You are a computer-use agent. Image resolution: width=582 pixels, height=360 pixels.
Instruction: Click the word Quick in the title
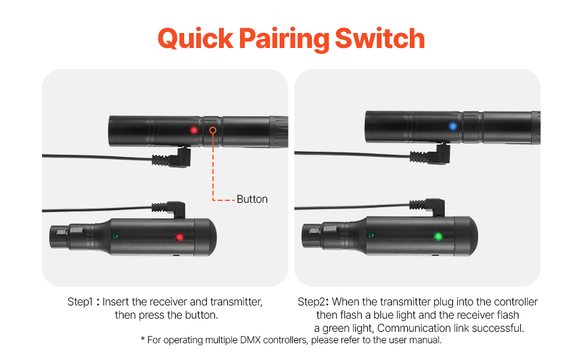(196, 39)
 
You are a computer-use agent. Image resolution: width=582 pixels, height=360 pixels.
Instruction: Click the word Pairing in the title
(284, 40)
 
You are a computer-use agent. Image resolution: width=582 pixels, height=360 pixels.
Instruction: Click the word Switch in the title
(380, 38)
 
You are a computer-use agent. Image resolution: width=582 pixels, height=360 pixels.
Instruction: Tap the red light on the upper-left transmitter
(194, 130)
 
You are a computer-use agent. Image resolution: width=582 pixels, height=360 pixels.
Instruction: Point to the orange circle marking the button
(212, 130)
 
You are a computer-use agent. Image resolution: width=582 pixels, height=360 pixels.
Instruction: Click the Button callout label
(252, 199)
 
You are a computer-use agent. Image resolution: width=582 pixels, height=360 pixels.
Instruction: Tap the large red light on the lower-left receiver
(179, 237)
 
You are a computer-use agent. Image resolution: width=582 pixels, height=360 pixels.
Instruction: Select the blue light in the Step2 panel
(453, 126)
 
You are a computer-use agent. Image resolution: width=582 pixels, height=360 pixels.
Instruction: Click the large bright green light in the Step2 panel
(438, 236)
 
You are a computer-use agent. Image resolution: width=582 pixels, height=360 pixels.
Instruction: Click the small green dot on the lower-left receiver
(115, 236)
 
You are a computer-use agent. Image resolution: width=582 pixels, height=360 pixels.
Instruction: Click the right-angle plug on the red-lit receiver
(169, 209)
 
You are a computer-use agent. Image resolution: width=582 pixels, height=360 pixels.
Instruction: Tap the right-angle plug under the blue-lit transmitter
(430, 154)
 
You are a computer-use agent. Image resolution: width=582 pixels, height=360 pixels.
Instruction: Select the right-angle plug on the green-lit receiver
(427, 206)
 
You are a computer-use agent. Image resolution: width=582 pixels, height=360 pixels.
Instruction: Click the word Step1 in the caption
(80, 302)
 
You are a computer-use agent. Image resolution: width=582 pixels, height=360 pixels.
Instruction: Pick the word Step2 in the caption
(311, 302)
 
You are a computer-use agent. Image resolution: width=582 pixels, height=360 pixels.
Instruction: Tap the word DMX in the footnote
(250, 340)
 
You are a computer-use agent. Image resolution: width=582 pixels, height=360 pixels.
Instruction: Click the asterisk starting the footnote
(143, 338)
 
